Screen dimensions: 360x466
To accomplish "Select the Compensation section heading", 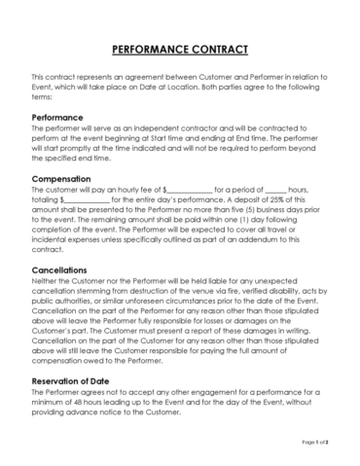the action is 64,179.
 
